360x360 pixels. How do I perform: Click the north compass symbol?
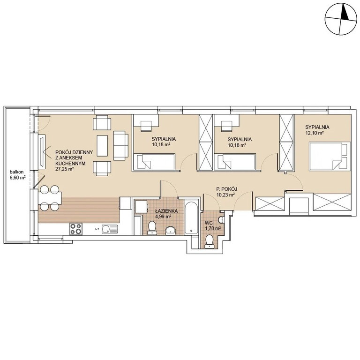pos(341,20)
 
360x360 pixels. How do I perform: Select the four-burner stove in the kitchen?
pos(76,229)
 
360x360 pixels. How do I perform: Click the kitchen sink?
pos(110,229)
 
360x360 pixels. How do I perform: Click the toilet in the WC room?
pos(209,241)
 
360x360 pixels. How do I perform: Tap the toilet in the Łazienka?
pos(151,228)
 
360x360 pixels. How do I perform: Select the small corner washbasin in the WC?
pos(221,219)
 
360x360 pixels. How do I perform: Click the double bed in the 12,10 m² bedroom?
pos(330,157)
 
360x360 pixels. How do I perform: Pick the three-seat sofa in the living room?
pos(121,145)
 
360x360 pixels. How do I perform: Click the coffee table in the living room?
pos(102,145)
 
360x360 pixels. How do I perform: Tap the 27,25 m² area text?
pos(65,169)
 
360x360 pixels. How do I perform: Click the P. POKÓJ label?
pos(226,189)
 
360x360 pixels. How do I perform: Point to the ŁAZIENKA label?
pos(163,211)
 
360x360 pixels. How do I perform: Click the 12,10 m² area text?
pos(315,133)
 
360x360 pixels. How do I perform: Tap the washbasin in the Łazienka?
pos(170,231)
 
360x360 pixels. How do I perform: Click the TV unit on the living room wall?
pos(42,151)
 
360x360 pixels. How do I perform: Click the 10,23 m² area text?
pos(225,195)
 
